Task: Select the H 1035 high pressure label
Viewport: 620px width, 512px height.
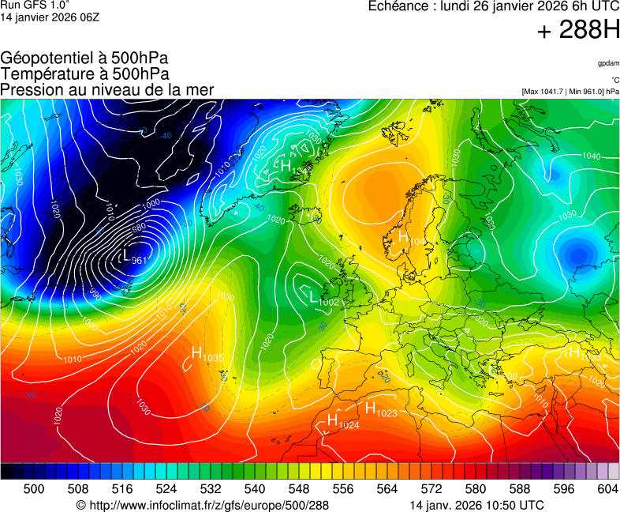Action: pos(207,355)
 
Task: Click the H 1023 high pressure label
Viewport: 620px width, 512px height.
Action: pos(380,409)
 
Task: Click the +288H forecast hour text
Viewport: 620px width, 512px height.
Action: pos(577,32)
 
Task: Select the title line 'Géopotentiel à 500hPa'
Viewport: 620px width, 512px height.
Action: pos(84,58)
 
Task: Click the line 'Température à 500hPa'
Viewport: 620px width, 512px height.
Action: pos(84,73)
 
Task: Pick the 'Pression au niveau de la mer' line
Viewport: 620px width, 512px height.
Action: pos(107,89)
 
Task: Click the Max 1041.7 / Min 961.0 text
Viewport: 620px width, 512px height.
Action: pos(570,92)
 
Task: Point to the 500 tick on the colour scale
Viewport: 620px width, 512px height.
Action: pos(33,489)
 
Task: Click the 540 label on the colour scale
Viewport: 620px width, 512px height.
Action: pos(254,489)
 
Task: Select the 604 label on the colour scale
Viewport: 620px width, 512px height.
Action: pos(607,489)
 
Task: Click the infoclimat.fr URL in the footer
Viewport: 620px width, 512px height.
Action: pos(202,505)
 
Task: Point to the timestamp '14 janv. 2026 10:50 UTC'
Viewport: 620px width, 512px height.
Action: pos(476,505)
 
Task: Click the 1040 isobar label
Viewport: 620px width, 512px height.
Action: pos(590,156)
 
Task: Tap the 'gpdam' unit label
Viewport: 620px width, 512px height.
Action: pos(608,63)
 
